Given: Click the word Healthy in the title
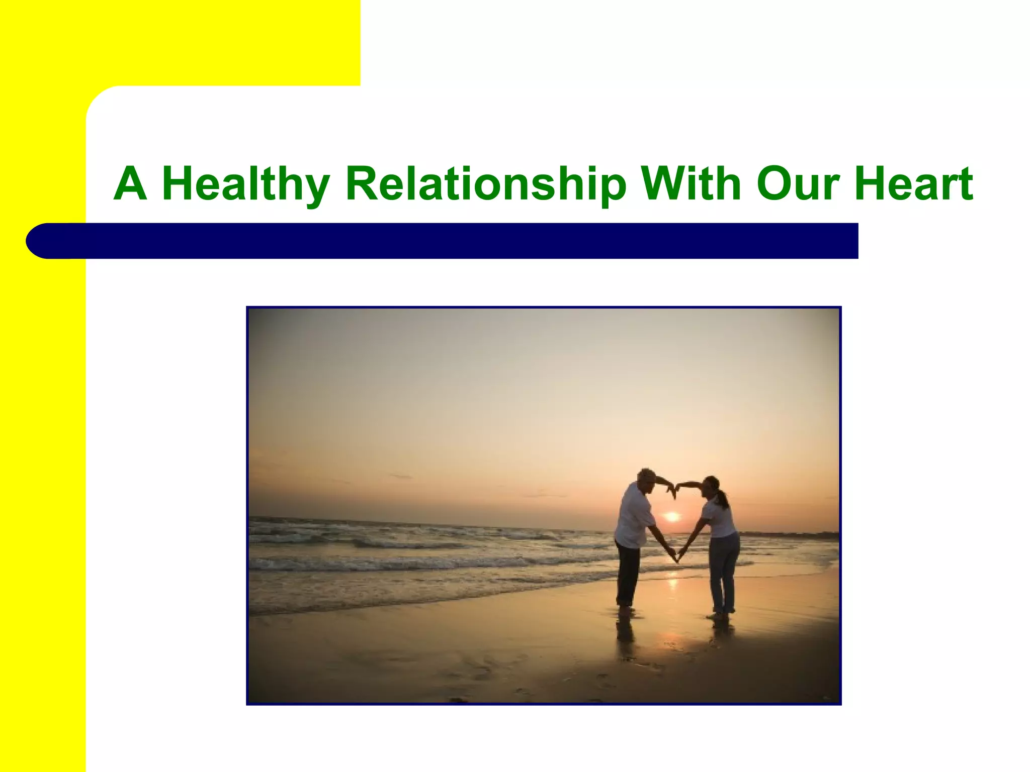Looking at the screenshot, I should pos(245,184).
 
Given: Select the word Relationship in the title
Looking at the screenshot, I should pos(486,184).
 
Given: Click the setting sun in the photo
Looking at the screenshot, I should pos(672,516).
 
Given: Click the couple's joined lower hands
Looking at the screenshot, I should pos(676,557).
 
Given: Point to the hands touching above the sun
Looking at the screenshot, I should pos(674,489).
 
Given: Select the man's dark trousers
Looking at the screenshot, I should pos(627,573).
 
